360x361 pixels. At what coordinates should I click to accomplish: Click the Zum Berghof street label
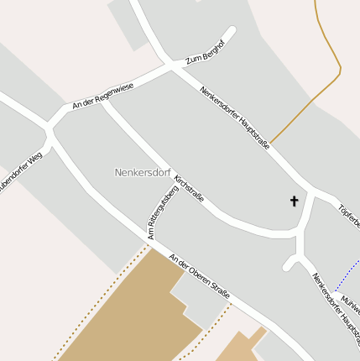point(206,51)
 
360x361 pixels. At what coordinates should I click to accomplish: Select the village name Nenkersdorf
point(143,172)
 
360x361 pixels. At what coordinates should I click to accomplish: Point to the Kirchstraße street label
point(188,184)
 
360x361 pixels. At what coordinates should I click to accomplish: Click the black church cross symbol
point(295,201)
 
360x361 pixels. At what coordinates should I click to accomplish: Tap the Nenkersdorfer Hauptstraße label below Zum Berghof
point(234,118)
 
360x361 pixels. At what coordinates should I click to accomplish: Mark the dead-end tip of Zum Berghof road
point(230,32)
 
